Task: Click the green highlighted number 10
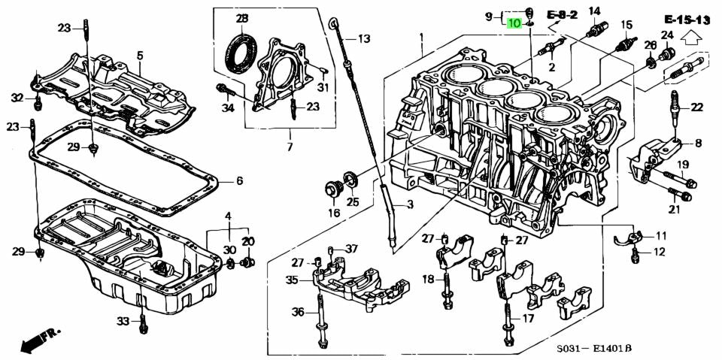(x=514, y=23)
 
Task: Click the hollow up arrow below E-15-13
(x=691, y=35)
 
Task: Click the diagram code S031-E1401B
(x=593, y=349)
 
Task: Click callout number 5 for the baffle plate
(x=139, y=55)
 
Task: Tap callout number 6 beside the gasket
(x=239, y=181)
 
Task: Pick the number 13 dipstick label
(x=364, y=39)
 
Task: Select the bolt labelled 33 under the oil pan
(x=142, y=324)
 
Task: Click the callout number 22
(x=696, y=107)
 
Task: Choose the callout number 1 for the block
(x=422, y=37)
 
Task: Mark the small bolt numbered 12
(x=636, y=257)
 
